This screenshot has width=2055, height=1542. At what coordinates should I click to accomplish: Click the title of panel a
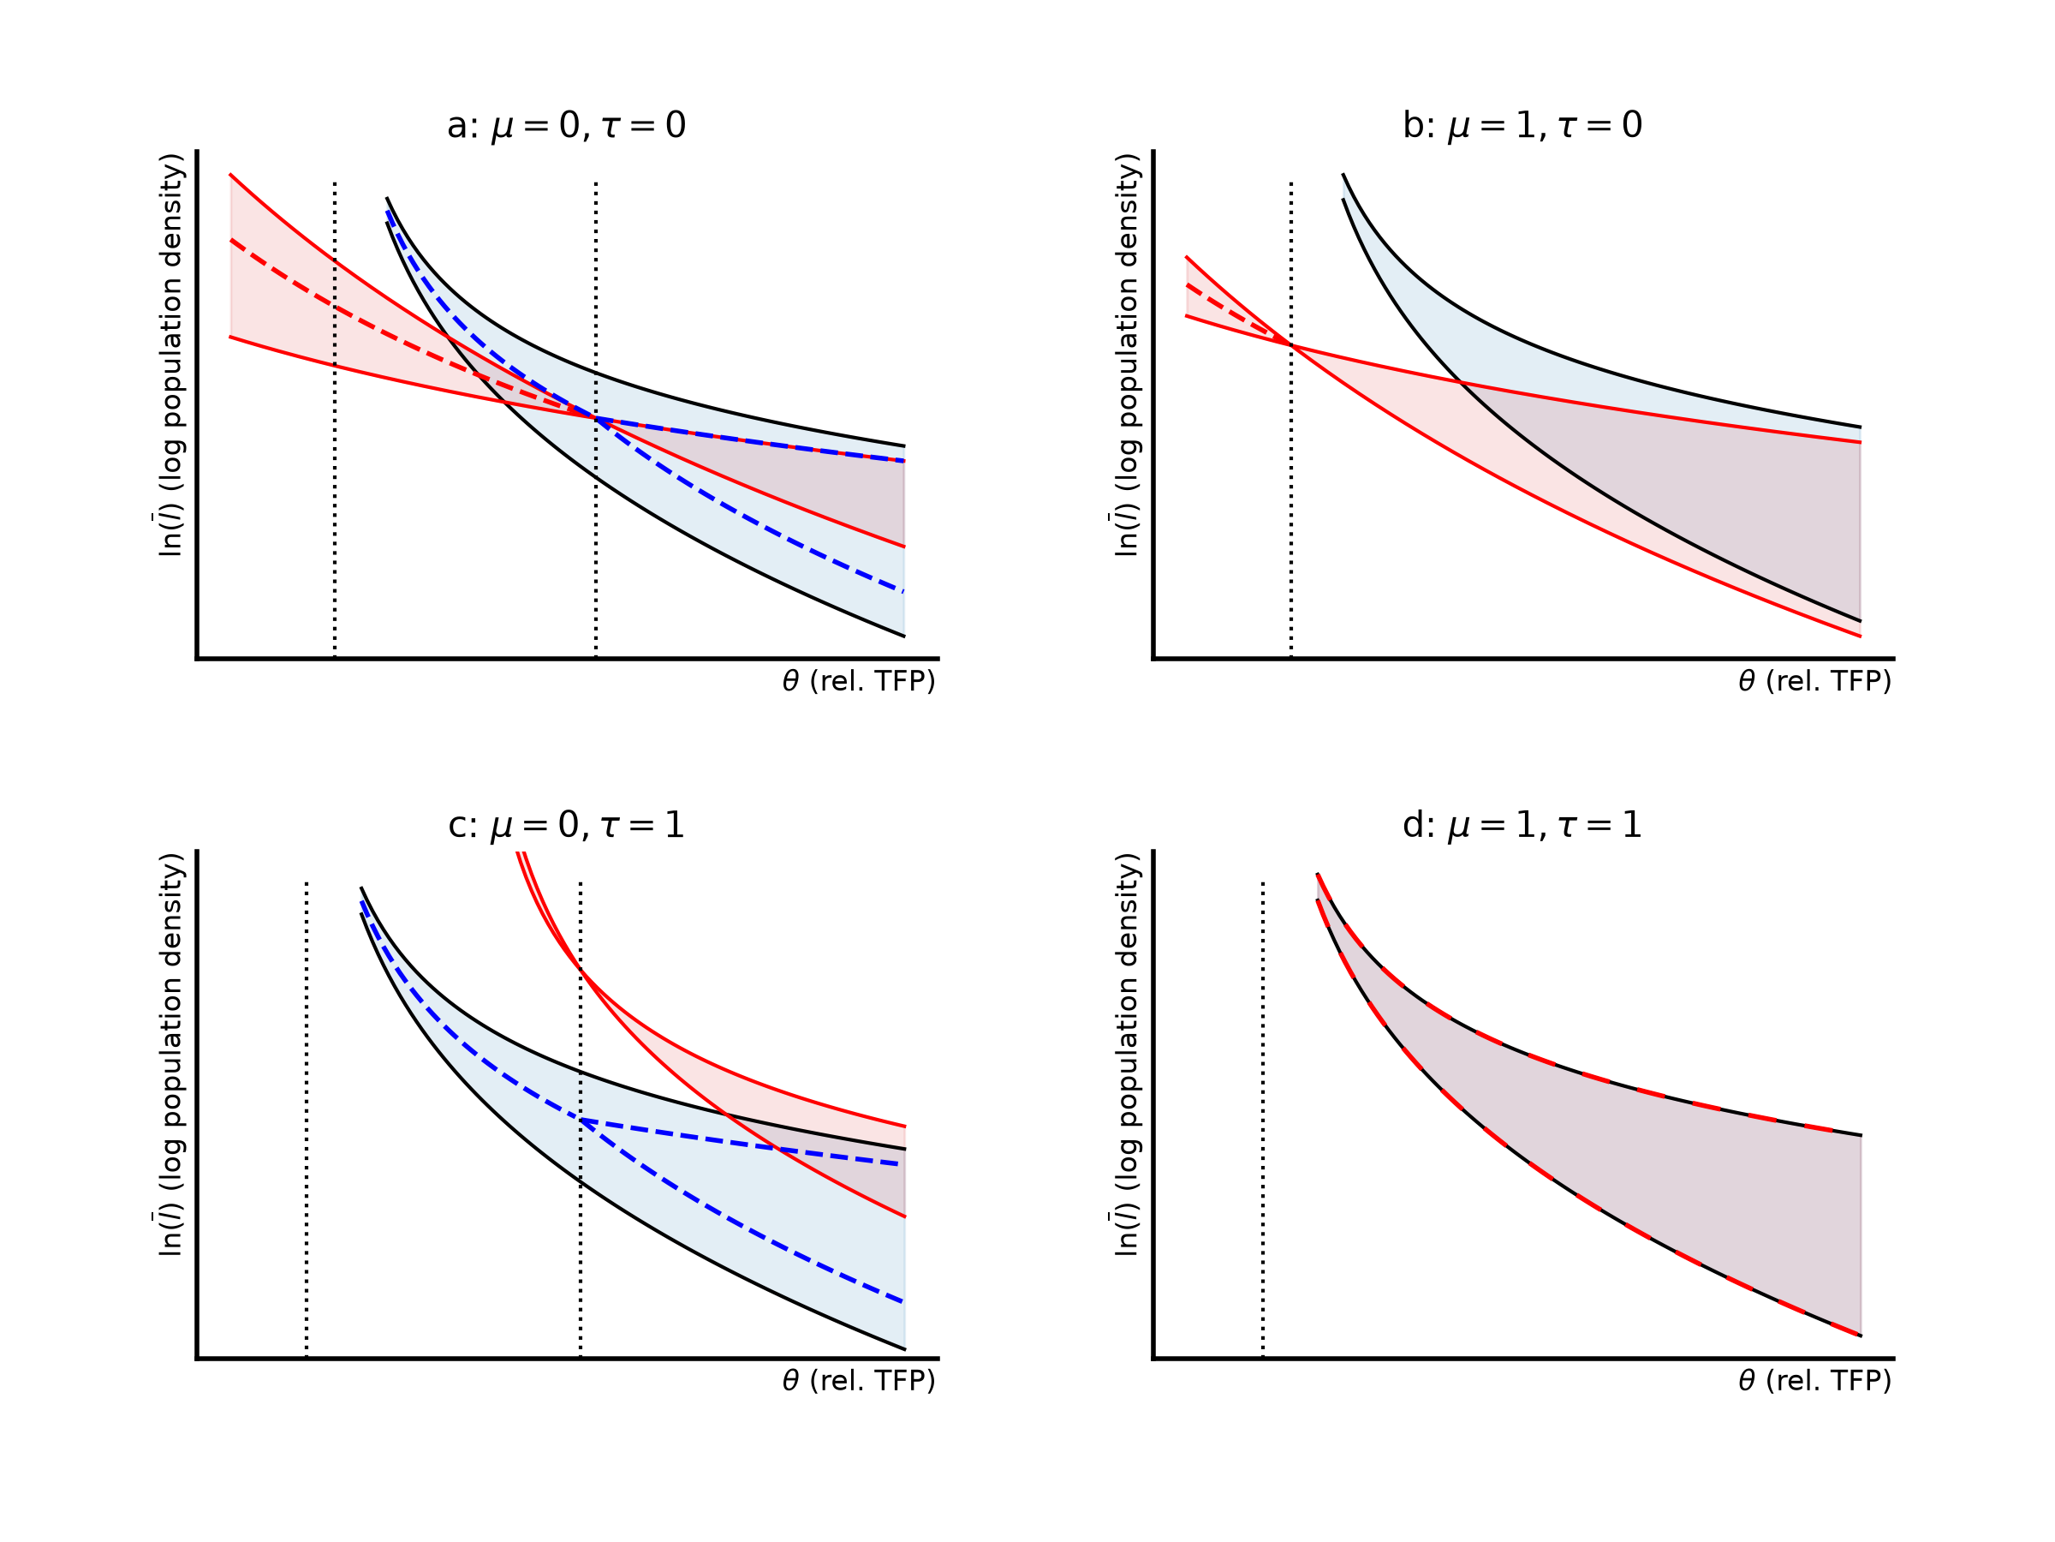coord(566,124)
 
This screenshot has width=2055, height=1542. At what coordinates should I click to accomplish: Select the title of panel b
coord(1522,124)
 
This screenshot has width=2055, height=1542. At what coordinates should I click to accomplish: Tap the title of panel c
coord(566,824)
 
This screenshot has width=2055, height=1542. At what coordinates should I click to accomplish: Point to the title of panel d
coord(1522,824)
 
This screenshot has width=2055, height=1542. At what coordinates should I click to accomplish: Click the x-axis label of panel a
coord(859,681)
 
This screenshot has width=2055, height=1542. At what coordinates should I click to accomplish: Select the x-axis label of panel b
coord(1814,681)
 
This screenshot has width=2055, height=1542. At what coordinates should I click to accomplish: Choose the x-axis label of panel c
coord(859,1381)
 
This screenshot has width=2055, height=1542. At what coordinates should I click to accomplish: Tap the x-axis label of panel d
coord(1814,1381)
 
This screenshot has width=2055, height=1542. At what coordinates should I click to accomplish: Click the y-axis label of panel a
coord(170,355)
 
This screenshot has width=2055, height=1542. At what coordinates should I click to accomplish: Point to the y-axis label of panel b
coord(1126,355)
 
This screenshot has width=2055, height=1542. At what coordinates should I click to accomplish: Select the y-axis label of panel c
coord(170,1055)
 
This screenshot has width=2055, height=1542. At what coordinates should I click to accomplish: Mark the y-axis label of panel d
coord(1126,1055)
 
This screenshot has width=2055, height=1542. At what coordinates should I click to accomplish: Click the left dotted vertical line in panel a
coord(335,420)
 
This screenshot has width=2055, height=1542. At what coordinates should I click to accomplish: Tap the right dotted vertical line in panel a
coord(595,420)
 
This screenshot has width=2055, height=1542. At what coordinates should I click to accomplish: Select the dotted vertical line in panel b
coord(1290,420)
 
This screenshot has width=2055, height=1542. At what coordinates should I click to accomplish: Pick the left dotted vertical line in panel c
coord(307,1120)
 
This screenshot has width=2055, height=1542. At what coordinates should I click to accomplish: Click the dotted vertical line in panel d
coord(1263,1120)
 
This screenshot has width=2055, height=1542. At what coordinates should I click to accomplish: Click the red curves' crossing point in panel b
coord(1290,345)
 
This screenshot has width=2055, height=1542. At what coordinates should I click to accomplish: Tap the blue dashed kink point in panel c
coord(581,1120)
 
